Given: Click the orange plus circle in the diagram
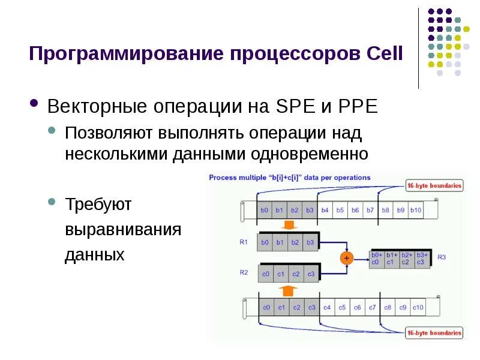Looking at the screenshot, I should click(x=346, y=258).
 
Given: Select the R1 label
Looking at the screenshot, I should click(x=244, y=242).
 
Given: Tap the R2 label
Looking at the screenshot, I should click(x=244, y=272).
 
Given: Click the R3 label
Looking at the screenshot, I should click(x=442, y=257).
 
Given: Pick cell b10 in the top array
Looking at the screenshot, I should click(x=416, y=211).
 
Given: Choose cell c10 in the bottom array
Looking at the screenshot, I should click(x=418, y=307).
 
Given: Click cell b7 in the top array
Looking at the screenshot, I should click(x=370, y=211).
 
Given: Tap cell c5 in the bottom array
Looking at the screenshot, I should click(x=342, y=307).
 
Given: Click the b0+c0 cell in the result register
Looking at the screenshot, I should click(x=375, y=259).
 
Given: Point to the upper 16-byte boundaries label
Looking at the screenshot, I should click(x=434, y=186).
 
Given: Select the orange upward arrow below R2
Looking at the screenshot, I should click(x=289, y=290).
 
